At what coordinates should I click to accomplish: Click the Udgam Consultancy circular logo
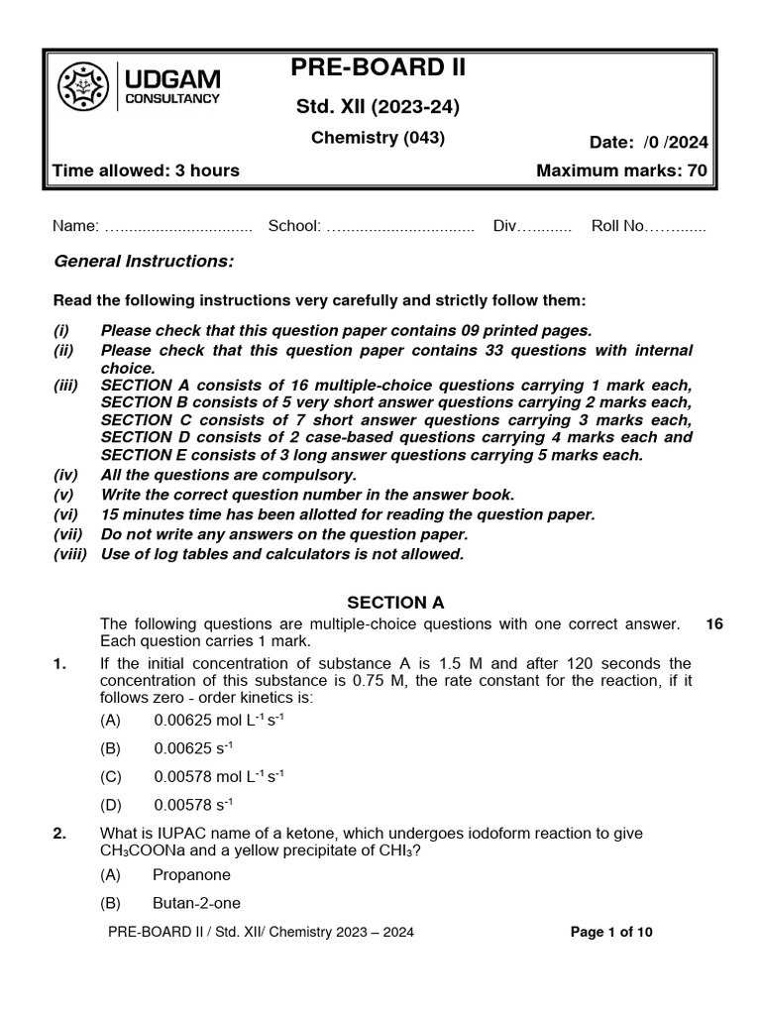(x=85, y=87)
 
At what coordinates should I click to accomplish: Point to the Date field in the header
(x=648, y=142)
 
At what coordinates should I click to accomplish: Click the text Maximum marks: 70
(x=621, y=170)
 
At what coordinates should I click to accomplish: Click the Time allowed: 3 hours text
(x=146, y=170)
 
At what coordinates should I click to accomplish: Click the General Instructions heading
(x=144, y=261)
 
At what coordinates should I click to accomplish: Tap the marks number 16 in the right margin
(x=714, y=623)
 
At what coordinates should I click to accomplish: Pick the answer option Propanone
(x=191, y=875)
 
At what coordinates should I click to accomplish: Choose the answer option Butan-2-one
(x=195, y=903)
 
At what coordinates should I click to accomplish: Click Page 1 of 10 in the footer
(x=612, y=932)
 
